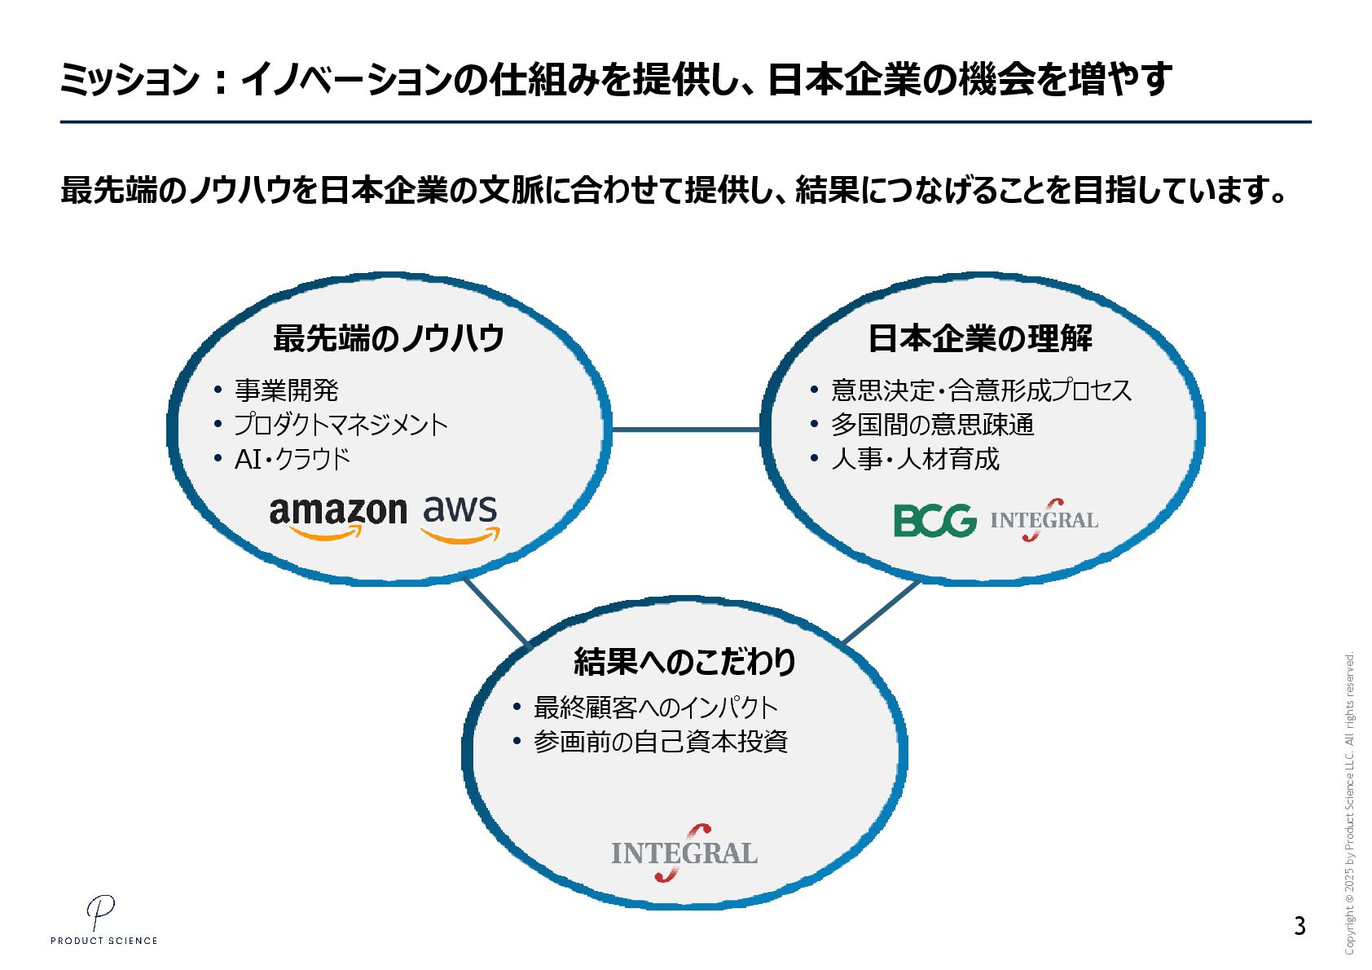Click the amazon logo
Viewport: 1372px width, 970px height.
pos(337,517)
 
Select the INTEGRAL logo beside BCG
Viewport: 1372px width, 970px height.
pos(1044,520)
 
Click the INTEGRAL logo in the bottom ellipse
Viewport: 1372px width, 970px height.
pos(684,853)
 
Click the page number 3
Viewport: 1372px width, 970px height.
pos(1299,926)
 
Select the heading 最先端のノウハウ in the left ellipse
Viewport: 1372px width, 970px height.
pos(389,337)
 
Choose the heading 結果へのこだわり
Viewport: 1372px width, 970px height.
pos(684,661)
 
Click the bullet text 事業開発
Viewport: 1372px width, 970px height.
pos(286,390)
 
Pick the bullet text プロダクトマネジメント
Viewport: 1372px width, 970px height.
pos(341,425)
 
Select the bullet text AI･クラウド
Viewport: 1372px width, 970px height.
pos(292,459)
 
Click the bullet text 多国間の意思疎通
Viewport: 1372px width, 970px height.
pos(932,425)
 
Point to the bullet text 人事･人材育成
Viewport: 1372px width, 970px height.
pos(914,459)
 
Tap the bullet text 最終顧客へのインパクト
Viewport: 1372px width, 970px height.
pos(655,708)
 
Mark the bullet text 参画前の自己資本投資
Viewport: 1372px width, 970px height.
pos(660,742)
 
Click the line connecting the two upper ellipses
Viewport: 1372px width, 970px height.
pos(685,429)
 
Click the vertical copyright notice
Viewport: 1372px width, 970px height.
pos(1349,803)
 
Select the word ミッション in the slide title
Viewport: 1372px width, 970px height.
pos(129,80)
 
